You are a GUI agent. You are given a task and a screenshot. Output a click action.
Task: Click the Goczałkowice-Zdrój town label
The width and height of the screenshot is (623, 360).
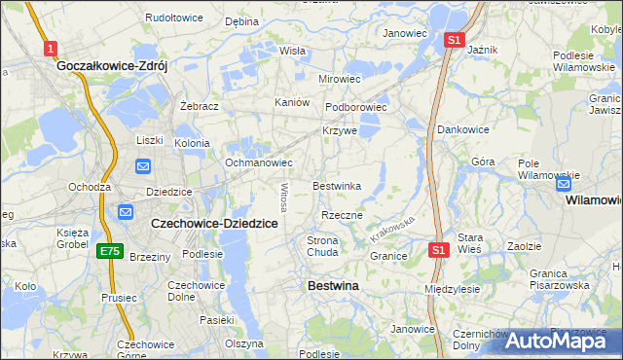pyautogui.click(x=113, y=66)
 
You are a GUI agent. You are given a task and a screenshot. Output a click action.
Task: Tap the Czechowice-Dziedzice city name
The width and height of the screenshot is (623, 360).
pyautogui.click(x=215, y=223)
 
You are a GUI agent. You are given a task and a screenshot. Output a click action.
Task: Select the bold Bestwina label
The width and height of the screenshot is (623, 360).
pyautogui.click(x=333, y=286)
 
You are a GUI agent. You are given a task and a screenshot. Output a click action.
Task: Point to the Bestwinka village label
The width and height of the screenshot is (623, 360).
pyautogui.click(x=337, y=185)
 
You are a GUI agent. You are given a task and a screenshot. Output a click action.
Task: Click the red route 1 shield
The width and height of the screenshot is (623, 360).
pyautogui.click(x=51, y=48)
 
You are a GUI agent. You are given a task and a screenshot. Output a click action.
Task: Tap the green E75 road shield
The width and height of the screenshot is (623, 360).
pyautogui.click(x=109, y=251)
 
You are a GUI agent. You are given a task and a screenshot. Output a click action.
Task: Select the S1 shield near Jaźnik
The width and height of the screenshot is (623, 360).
pyautogui.click(x=453, y=40)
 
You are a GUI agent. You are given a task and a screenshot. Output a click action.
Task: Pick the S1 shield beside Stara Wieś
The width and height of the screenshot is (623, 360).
pyautogui.click(x=438, y=250)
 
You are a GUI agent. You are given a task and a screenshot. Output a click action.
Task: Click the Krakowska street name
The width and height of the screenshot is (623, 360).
pyautogui.click(x=392, y=230)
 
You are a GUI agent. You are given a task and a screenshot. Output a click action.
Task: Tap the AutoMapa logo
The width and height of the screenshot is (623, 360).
pyautogui.click(x=563, y=340)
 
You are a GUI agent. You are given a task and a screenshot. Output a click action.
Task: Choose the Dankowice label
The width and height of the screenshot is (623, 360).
pyautogui.click(x=462, y=128)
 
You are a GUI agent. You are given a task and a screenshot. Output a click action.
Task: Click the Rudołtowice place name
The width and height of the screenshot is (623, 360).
pyautogui.click(x=173, y=18)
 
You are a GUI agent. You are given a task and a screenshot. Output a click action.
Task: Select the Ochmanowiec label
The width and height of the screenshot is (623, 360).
pyautogui.click(x=259, y=162)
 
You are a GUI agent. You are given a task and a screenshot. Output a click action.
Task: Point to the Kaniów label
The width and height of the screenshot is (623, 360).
pyautogui.click(x=292, y=102)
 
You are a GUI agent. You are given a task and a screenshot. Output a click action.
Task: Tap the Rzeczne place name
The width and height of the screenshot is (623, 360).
pyautogui.click(x=342, y=215)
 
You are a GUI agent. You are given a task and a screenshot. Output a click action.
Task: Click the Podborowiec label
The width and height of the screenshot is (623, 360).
pyautogui.click(x=356, y=107)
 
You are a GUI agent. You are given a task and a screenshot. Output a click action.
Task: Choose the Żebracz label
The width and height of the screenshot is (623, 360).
pyautogui.click(x=200, y=106)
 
